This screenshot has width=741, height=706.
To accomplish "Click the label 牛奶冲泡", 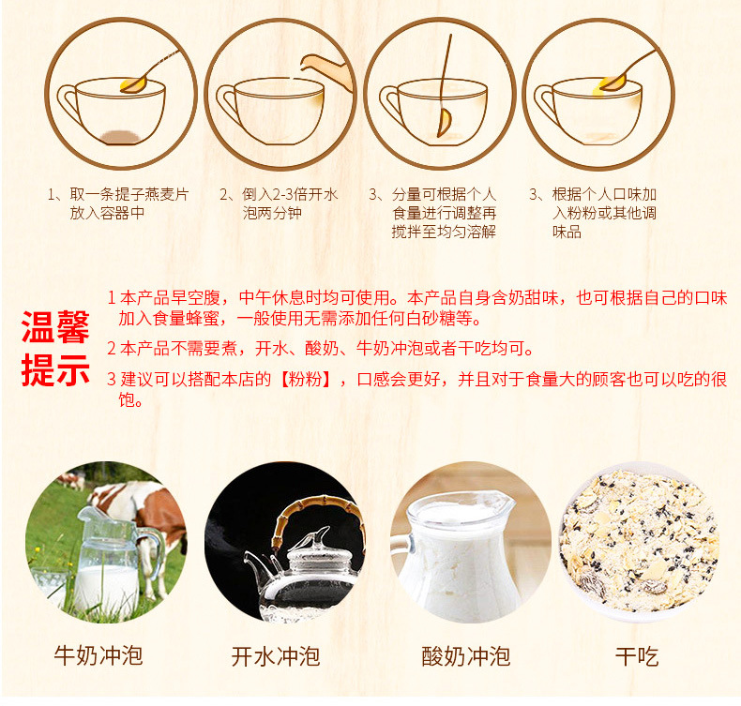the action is (98, 655).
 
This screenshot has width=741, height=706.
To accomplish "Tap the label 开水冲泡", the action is (276, 656).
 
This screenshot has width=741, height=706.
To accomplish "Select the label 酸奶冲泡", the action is (466, 656).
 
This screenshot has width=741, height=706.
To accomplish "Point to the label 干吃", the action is (637, 656).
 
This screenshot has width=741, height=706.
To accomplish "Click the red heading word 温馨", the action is (55, 327).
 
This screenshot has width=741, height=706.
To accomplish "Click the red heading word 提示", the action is (55, 370).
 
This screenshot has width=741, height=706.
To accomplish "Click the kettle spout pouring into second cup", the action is (326, 70).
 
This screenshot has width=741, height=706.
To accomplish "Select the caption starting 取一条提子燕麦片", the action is (118, 203).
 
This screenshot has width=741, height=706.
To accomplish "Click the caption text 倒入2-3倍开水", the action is (290, 194).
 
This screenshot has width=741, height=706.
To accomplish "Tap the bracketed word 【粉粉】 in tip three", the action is (306, 379).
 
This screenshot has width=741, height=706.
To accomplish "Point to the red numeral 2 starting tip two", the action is (112, 349).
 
